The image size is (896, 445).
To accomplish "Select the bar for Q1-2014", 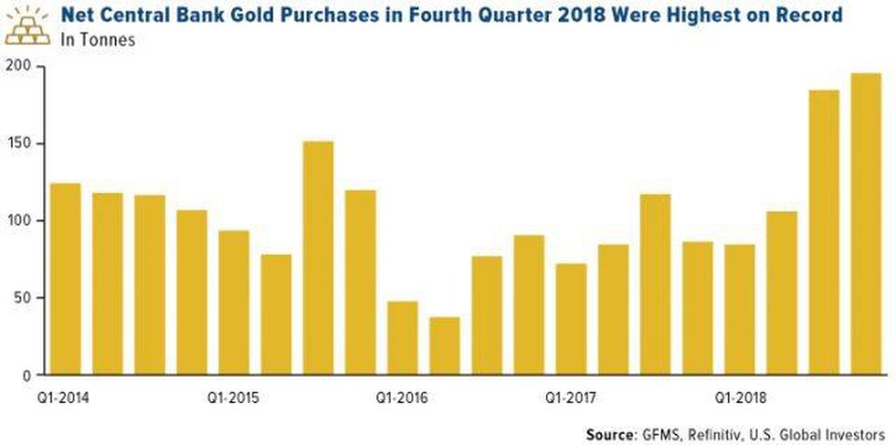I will pos(64,279).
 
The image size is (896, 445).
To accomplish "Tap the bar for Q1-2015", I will pos(233,302).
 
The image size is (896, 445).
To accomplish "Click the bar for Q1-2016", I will pos(402,338).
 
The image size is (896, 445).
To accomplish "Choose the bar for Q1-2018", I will pos(740,310).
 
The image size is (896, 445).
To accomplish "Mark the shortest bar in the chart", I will pos(444,345).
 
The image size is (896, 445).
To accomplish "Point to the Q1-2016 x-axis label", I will pos(402,397).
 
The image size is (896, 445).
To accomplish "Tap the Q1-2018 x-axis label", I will pos(740,397).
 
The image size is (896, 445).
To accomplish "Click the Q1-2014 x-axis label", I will pos(64,397).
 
